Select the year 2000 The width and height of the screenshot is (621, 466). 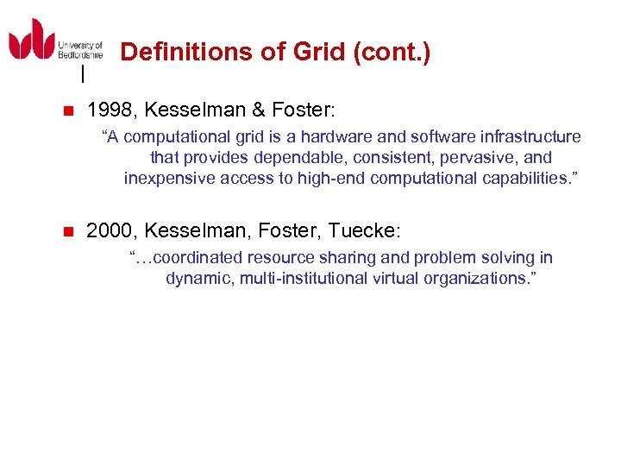(x=110, y=230)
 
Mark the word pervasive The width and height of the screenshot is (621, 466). (x=476, y=158)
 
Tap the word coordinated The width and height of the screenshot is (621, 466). (x=197, y=258)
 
